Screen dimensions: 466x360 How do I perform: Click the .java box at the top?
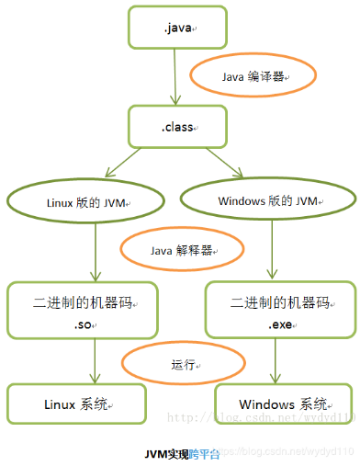[177, 28]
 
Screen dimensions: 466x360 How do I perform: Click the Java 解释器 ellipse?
[182, 249]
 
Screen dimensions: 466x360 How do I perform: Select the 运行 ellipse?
[182, 364]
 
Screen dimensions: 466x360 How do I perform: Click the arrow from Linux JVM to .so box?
[96, 253]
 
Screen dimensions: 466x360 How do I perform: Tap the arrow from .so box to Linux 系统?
[94, 365]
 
